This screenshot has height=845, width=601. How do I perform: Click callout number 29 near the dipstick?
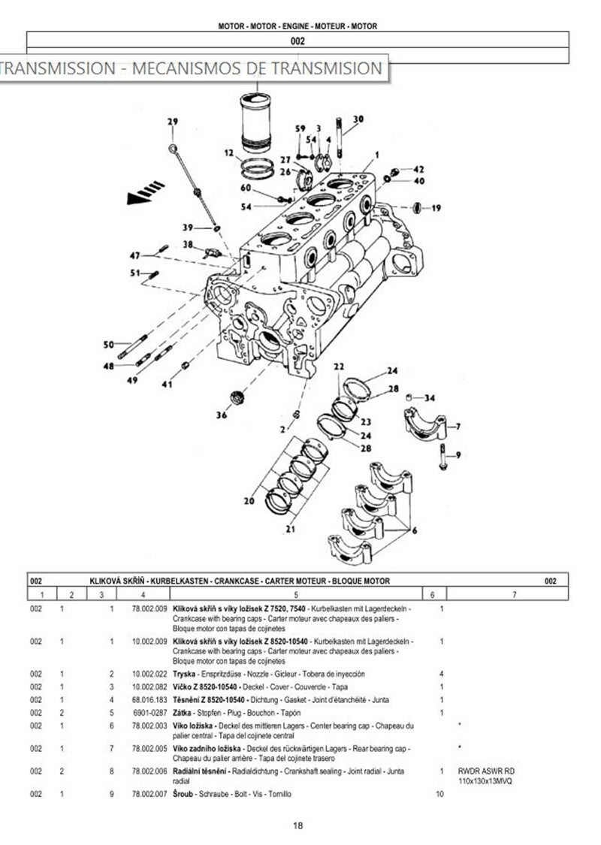[x=172, y=122]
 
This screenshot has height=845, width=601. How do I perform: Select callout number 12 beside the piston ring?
[x=228, y=154]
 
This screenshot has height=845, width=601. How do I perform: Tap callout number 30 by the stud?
[x=358, y=119]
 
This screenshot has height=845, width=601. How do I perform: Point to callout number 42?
[x=418, y=169]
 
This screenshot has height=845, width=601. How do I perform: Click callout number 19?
[x=436, y=208]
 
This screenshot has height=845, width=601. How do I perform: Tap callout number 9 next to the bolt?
[x=458, y=454]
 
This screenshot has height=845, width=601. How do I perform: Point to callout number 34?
[x=430, y=398]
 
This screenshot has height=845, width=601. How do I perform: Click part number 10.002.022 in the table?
[x=149, y=674]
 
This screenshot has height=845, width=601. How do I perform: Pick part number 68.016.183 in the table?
[x=149, y=699]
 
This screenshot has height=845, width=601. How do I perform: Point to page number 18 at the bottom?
[x=297, y=825]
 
